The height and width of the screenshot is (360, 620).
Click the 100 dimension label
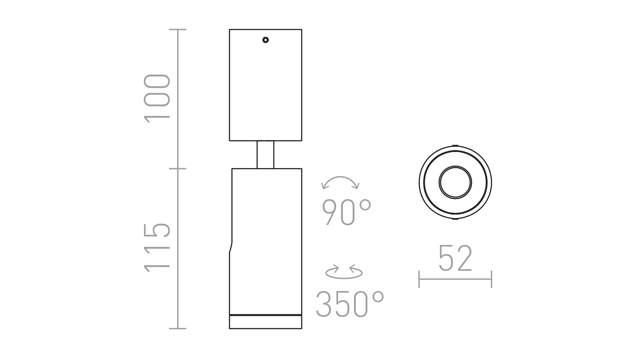[x=157, y=98]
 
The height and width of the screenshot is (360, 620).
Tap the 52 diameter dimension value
[x=455, y=258]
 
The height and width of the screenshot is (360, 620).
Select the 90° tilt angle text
[x=347, y=212]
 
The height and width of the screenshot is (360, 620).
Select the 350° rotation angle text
[x=350, y=304]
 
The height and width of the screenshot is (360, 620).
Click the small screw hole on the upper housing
[x=266, y=40]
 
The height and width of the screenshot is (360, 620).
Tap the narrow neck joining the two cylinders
[x=265, y=154]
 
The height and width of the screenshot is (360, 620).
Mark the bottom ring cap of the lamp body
[x=266, y=322]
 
